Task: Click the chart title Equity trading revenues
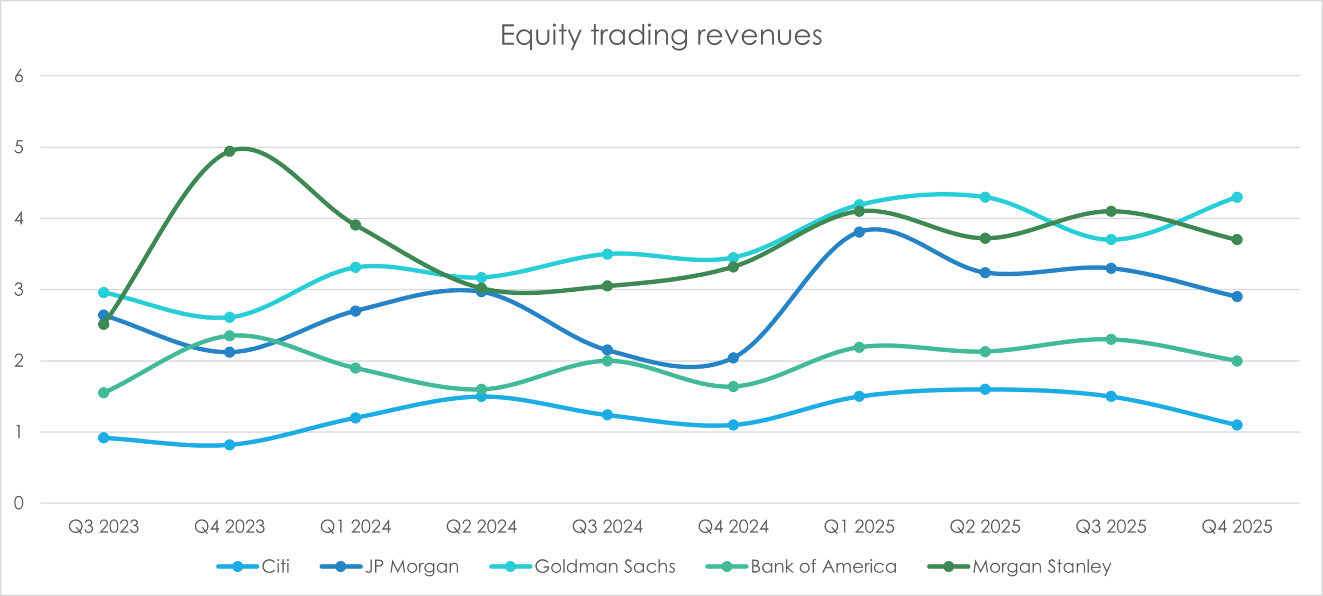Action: [x=661, y=36]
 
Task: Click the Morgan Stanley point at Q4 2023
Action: [x=229, y=151]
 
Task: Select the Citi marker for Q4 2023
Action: [x=229, y=445]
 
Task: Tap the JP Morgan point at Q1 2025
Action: [x=859, y=232]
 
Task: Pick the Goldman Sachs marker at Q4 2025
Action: [x=1237, y=197]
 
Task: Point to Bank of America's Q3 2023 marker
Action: [x=103, y=393]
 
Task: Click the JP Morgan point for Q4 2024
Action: [x=733, y=358]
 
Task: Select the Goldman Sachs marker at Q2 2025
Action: [x=985, y=197]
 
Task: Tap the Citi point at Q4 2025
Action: [x=1237, y=425]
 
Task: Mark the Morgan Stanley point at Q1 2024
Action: [x=356, y=225]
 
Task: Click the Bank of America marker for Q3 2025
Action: [x=1111, y=339]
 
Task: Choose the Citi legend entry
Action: [x=253, y=567]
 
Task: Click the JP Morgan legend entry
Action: [x=390, y=567]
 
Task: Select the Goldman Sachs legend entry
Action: [x=582, y=567]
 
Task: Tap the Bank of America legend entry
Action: [x=801, y=567]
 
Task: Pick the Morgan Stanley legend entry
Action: [x=1019, y=567]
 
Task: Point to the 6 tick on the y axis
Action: [x=19, y=76]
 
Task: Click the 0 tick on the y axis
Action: [x=19, y=503]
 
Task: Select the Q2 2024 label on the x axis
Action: [x=481, y=527]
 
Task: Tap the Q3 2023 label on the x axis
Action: [x=103, y=527]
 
